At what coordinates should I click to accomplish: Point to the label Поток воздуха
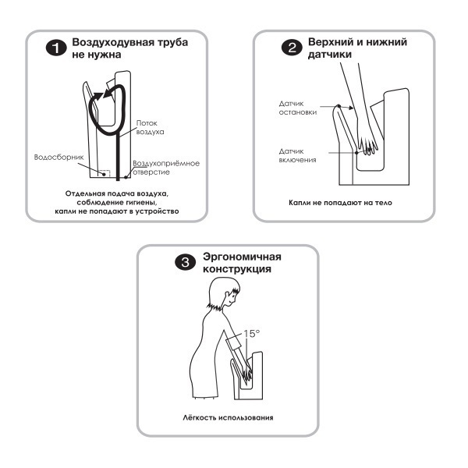point(150,128)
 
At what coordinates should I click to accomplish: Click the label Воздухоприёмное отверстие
point(166,168)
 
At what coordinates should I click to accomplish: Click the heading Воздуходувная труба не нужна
point(129,48)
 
